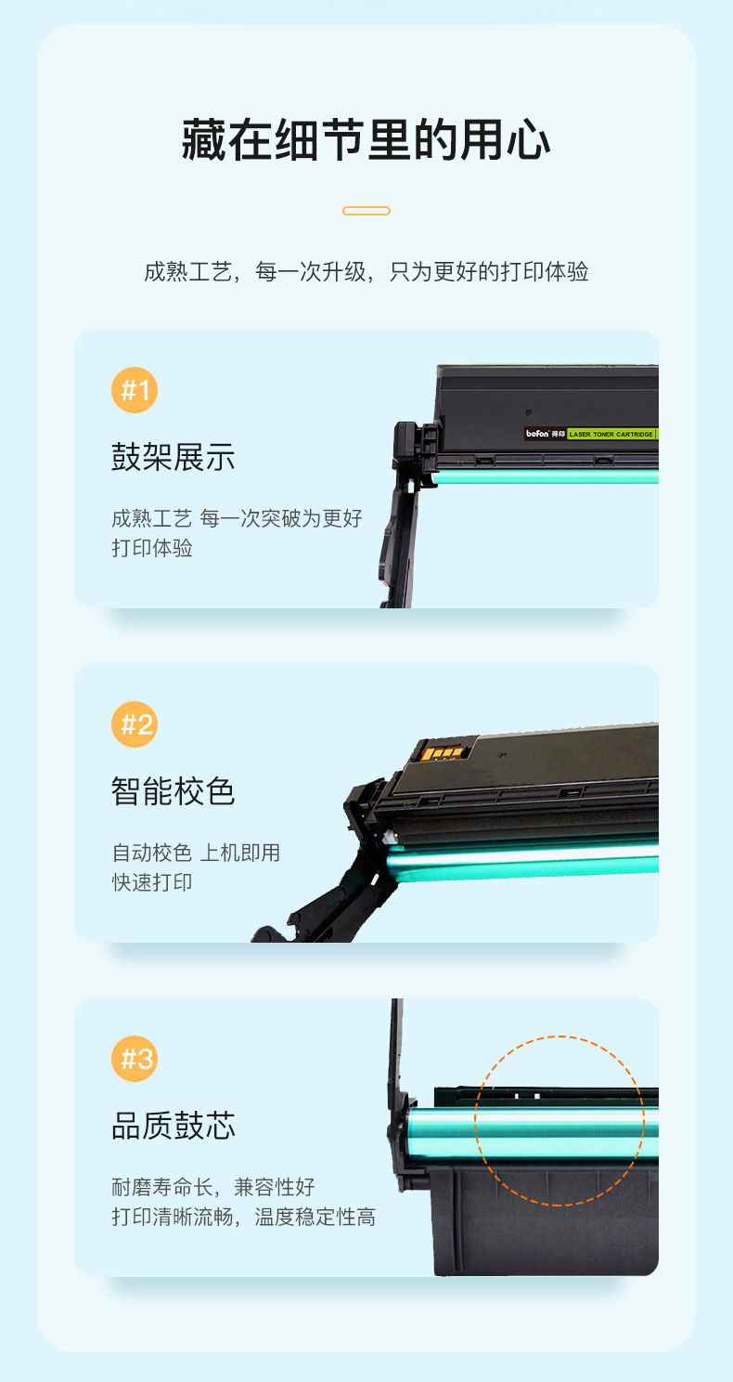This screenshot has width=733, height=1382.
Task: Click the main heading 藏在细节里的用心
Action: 366,140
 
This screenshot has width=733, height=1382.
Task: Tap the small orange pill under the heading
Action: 366,211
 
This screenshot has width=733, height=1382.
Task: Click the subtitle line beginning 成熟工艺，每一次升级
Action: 366,271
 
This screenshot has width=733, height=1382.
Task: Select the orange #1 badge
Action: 135,390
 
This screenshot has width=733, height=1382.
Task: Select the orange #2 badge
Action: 135,724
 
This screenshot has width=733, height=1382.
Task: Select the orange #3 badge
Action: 135,1059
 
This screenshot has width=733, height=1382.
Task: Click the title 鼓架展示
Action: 174,457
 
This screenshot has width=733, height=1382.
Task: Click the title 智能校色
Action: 174,791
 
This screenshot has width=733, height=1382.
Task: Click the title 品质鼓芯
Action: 174,1126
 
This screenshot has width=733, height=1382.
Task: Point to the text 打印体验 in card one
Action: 152,548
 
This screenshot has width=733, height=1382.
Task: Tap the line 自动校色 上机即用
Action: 196,853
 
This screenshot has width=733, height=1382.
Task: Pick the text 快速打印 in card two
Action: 152,882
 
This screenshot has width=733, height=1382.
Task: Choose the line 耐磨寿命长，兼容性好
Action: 213,1187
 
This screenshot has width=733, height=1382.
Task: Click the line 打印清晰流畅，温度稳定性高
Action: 243,1218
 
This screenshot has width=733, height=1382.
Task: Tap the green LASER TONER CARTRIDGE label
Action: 611,435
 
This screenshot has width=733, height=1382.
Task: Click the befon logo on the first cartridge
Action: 537,434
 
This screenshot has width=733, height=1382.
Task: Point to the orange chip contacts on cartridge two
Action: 441,752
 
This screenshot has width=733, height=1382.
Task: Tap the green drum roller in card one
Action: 545,477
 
